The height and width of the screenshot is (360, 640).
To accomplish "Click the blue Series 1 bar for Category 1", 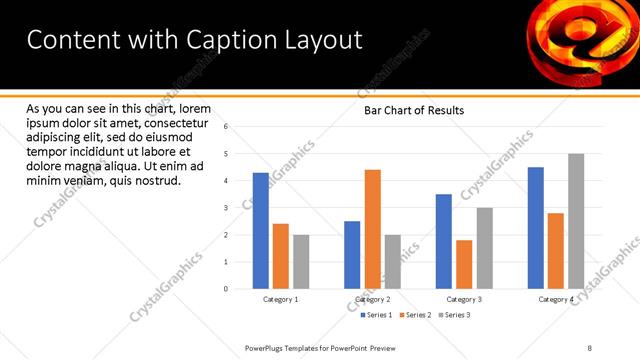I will (x=260, y=230).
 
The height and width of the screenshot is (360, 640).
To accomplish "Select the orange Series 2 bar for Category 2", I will (x=372, y=229).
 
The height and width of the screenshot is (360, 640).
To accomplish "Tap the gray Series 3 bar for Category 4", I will (x=575, y=221).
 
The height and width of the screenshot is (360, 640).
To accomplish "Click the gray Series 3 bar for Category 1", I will (x=301, y=261).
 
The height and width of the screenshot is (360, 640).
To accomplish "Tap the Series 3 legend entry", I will (x=455, y=315).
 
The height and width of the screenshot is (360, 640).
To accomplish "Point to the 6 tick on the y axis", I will (x=227, y=127).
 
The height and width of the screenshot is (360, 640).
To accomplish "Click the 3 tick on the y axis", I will (x=227, y=208).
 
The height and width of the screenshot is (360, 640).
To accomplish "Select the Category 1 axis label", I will (x=280, y=299).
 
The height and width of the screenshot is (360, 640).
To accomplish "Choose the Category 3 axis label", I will (x=464, y=299).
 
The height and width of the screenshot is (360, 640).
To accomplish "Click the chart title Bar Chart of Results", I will (x=413, y=111).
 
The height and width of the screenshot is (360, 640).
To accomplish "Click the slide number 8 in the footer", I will (x=589, y=347).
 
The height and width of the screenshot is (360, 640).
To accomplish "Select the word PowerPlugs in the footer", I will (x=268, y=347).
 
